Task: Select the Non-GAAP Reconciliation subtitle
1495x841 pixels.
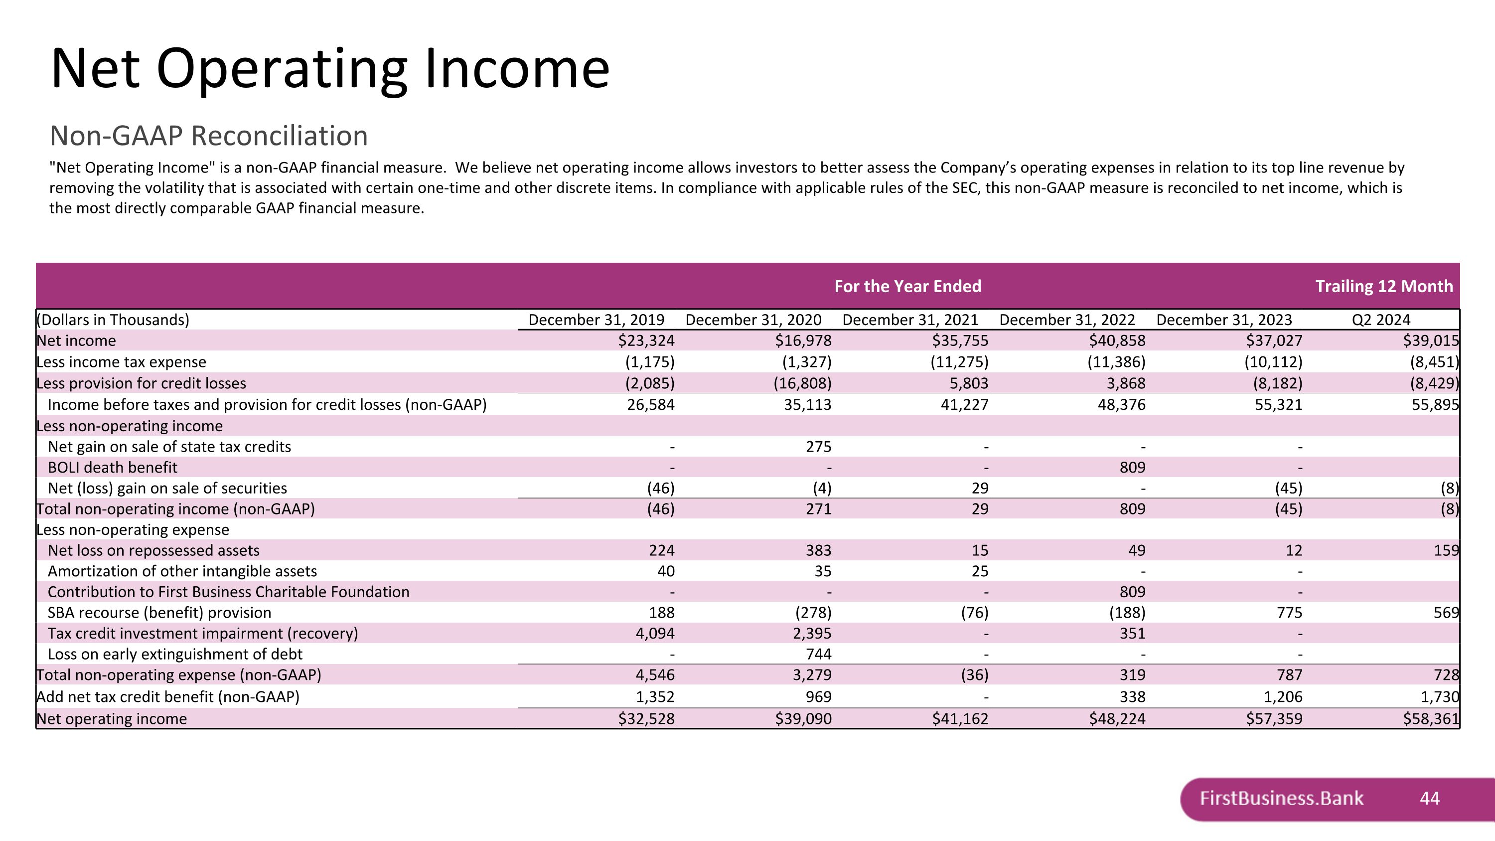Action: point(209,136)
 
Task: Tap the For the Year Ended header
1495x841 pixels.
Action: point(907,286)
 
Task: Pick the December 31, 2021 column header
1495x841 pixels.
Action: point(910,320)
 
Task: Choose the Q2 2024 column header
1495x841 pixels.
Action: point(1381,320)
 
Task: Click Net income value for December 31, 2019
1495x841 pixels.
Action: point(646,340)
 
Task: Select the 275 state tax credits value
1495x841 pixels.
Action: point(818,447)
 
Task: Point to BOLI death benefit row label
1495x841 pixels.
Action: point(113,468)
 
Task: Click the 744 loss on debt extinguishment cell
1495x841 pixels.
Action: point(818,654)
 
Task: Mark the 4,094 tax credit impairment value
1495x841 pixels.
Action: point(655,633)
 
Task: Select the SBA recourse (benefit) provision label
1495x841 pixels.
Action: point(159,613)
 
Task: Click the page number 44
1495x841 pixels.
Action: point(1429,799)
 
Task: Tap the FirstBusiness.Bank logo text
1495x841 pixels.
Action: point(1281,799)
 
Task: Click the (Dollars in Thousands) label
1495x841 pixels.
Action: point(113,320)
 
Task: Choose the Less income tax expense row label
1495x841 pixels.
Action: point(121,362)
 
